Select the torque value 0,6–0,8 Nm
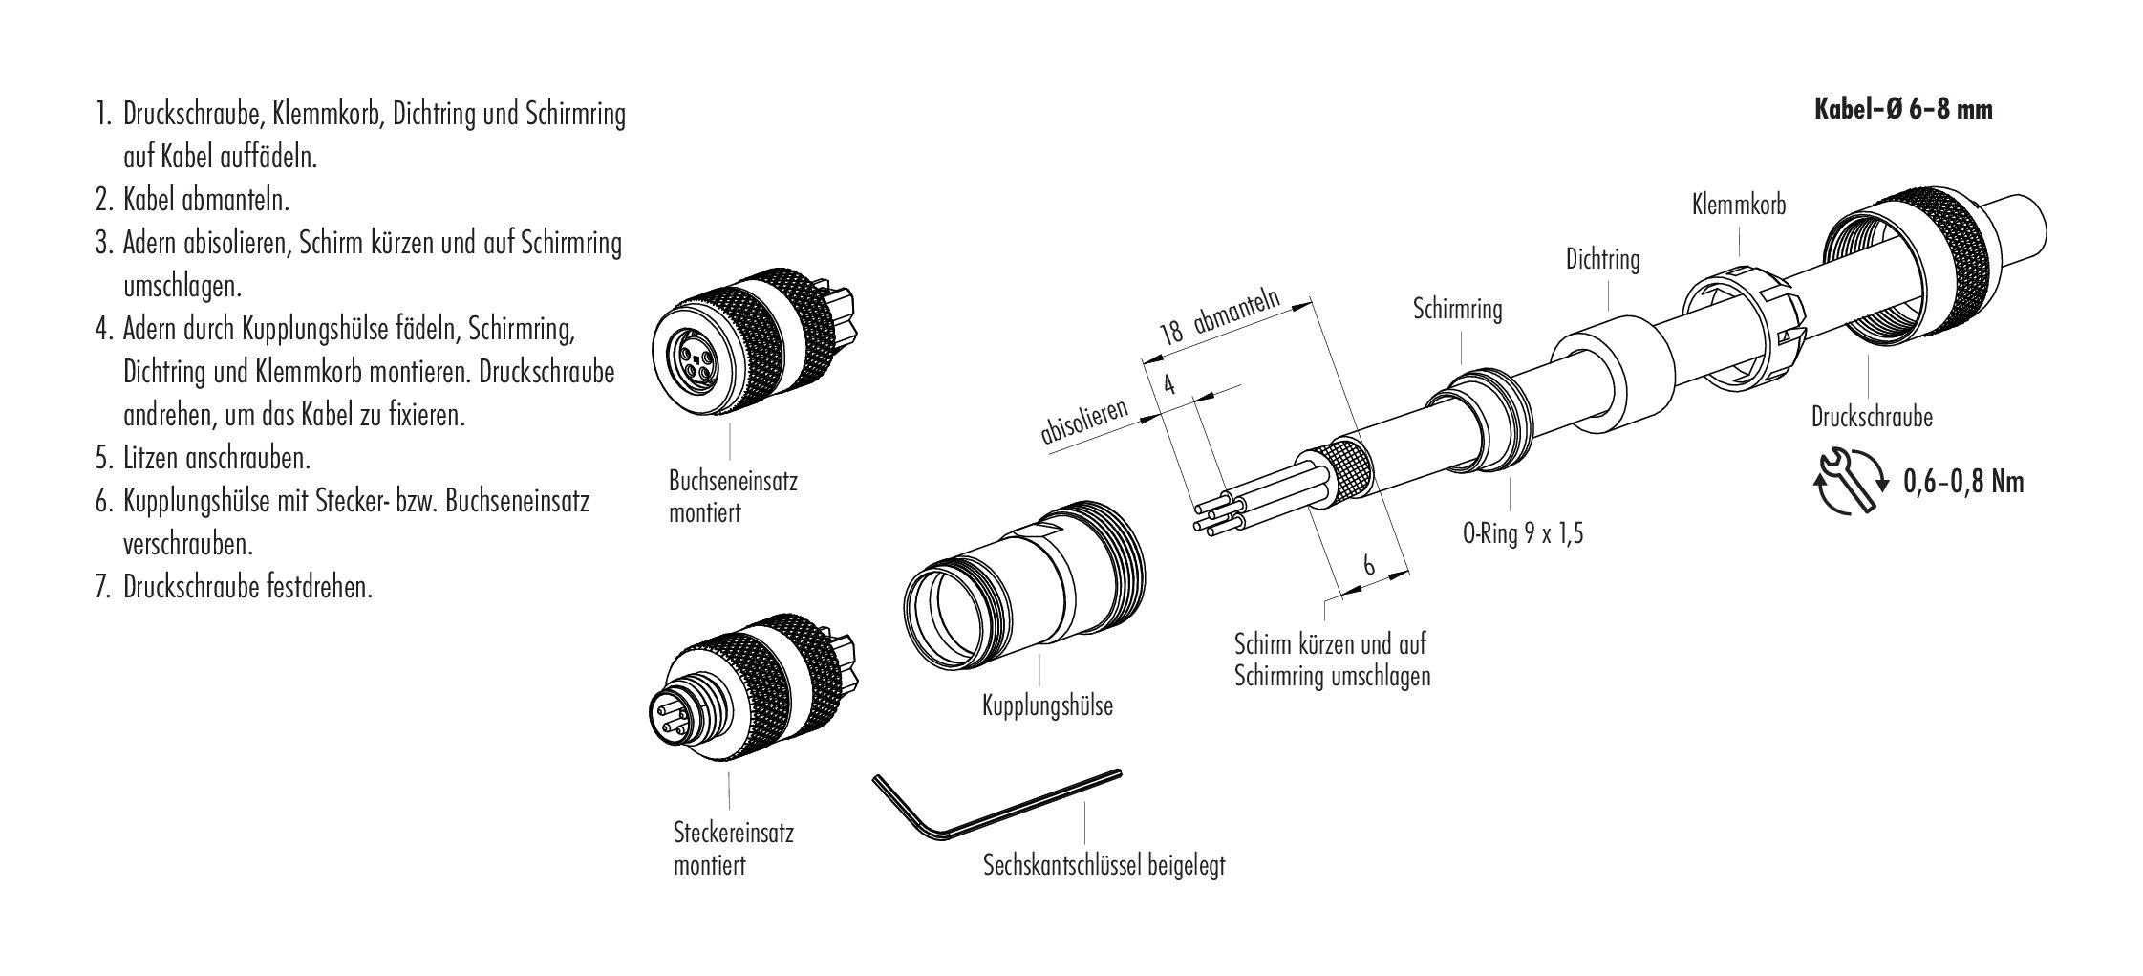[x=1962, y=482]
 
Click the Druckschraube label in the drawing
[x=1872, y=417]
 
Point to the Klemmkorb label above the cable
[x=1738, y=205]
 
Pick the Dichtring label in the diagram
[x=1602, y=259]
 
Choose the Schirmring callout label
[x=1457, y=310]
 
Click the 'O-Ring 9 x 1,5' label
[x=1523, y=533]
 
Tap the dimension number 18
[x=1171, y=333]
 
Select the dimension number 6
[x=1369, y=566]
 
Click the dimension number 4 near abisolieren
[x=1168, y=385]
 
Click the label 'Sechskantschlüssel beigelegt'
[x=1104, y=866]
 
